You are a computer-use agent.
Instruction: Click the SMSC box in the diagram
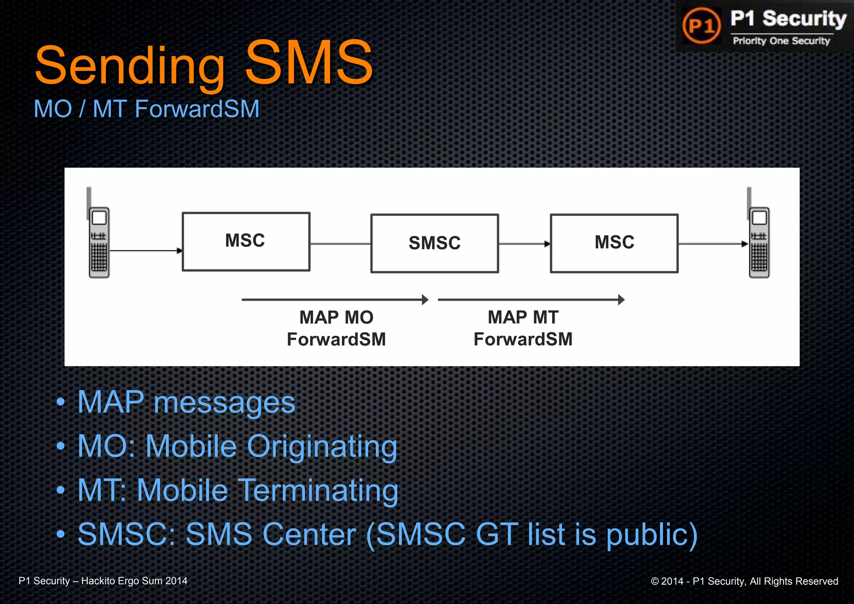click(435, 243)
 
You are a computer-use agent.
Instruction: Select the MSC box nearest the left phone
click(246, 241)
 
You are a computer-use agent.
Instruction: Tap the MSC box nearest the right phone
click(614, 243)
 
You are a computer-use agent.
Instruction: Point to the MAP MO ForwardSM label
click(336, 328)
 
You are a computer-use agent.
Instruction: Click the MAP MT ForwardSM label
click(523, 328)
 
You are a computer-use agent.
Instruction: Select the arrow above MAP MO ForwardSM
click(335, 299)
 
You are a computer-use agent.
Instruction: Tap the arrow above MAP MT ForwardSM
click(531, 299)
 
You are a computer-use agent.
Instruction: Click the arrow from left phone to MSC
click(146, 251)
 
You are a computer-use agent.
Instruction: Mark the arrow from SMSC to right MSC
click(524, 244)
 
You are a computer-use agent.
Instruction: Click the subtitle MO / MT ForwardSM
click(146, 109)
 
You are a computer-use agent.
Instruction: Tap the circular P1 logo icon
click(701, 26)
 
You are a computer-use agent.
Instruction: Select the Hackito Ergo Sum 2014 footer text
click(134, 581)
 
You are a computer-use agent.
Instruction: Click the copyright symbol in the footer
click(655, 581)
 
